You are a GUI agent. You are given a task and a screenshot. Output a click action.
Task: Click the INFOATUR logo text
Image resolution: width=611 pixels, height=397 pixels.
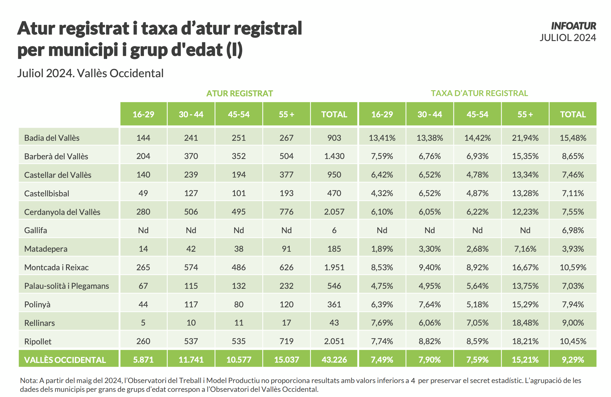point(573,26)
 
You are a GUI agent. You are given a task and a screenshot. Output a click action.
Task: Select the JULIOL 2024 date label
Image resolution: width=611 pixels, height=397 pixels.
point(567,38)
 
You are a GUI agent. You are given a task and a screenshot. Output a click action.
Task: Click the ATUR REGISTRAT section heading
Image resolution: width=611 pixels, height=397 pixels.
point(239,93)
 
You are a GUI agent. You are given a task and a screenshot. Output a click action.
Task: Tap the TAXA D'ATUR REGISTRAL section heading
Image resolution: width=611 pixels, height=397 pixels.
point(479,93)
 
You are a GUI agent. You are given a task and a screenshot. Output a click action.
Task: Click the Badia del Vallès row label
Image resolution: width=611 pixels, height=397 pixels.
point(52,138)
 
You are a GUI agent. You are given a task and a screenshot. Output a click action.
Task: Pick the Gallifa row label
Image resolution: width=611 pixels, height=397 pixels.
point(36,230)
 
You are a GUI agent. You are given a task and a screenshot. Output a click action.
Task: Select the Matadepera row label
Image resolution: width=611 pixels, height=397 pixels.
point(46,249)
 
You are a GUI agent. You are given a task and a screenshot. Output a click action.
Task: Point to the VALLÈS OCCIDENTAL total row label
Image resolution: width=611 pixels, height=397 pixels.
point(65,360)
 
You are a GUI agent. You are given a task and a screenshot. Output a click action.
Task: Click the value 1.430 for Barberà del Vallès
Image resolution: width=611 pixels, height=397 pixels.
point(334,156)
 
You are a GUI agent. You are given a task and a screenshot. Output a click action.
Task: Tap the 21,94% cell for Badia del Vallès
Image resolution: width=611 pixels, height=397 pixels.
point(525,138)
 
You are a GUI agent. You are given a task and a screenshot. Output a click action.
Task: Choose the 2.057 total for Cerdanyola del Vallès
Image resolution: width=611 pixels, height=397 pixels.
point(334,212)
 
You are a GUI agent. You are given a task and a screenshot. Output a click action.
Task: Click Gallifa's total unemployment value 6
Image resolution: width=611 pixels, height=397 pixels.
point(334,230)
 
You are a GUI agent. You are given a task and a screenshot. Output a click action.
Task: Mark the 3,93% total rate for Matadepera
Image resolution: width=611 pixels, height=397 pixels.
point(573,249)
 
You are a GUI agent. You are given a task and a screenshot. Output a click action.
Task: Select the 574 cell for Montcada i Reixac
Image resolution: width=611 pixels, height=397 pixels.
point(191,267)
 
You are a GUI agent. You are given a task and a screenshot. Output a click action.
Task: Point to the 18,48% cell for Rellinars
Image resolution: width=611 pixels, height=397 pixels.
point(525,323)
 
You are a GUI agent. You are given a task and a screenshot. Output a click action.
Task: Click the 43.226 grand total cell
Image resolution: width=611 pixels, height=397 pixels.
point(334,360)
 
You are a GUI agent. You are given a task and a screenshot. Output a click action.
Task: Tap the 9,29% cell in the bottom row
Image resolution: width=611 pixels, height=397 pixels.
point(573,360)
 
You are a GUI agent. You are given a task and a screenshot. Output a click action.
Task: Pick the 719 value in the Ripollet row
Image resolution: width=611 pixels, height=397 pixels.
point(286,341)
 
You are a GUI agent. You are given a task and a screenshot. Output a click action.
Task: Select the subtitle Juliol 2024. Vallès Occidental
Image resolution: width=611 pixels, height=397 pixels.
point(90,73)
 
